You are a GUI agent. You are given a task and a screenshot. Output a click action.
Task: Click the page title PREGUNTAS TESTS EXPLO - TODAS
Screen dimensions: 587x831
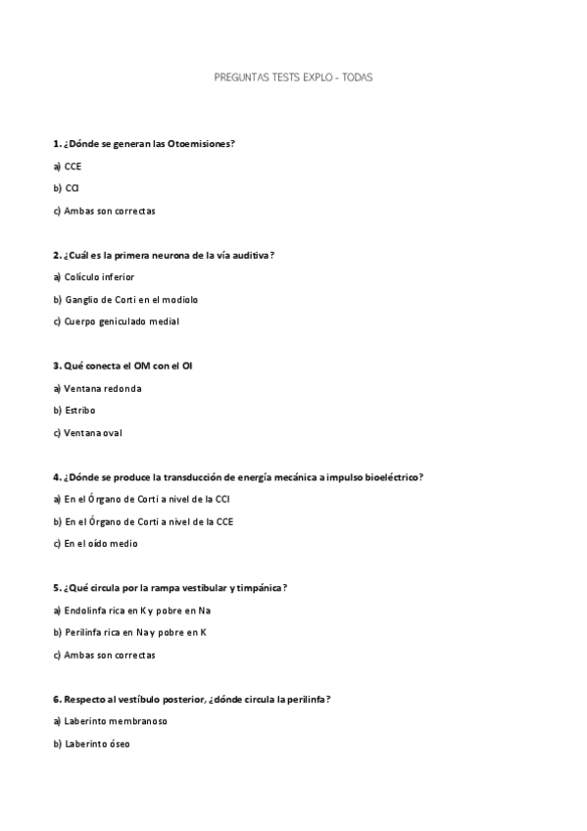293,75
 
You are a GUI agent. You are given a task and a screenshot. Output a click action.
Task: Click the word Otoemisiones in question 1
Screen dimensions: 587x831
200,143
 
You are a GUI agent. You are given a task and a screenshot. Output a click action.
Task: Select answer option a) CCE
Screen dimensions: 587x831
68,166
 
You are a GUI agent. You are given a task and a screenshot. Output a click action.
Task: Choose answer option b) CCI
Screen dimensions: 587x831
67,188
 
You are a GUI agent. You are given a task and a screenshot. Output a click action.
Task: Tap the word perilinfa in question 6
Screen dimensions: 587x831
302,700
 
